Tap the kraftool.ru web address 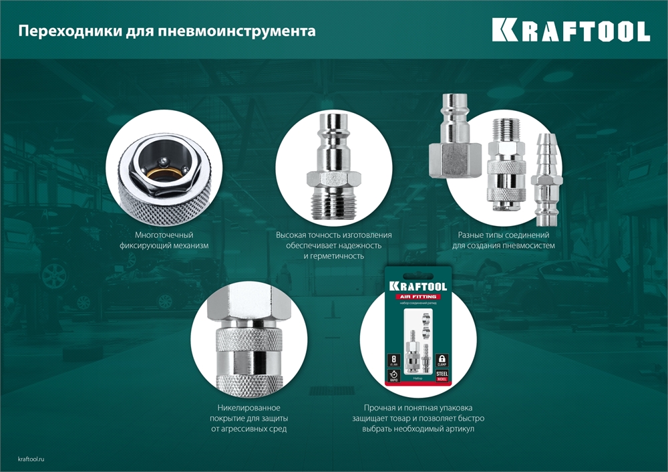pos(34,457)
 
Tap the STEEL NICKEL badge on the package pos(441,376)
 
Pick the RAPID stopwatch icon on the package pos(395,376)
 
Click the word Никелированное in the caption pos(248,408)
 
